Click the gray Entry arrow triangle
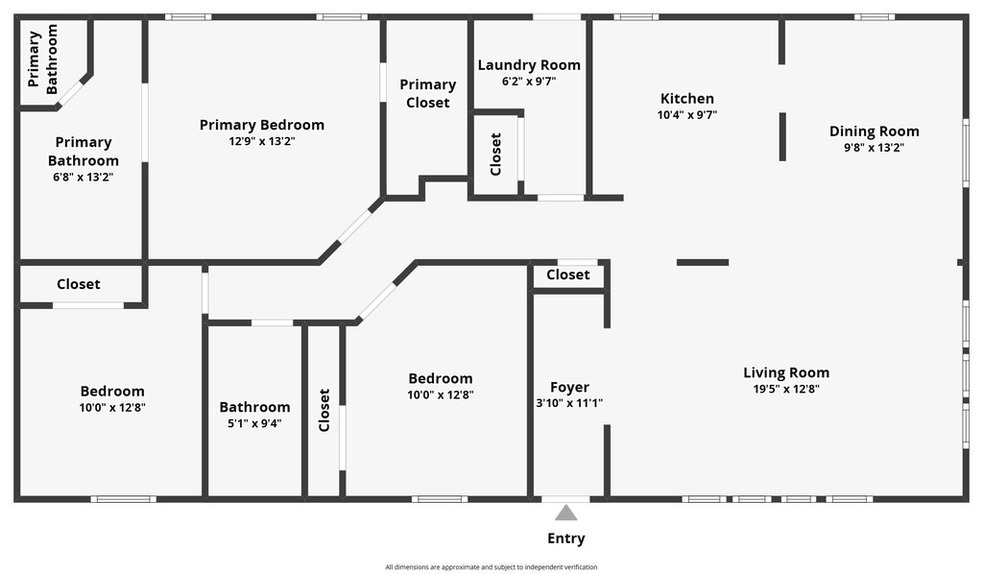click(566, 514)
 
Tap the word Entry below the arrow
click(566, 538)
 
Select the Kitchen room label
click(687, 98)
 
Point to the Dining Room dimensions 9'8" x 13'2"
click(874, 148)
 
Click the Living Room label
click(786, 372)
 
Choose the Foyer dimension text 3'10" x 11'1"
click(569, 403)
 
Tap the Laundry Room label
click(529, 65)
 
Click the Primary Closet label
click(427, 93)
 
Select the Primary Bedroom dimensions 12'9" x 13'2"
click(261, 142)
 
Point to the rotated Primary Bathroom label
click(42, 59)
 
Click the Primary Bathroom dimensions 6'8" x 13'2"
click(83, 178)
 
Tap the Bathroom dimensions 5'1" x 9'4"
click(254, 423)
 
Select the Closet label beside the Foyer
click(568, 275)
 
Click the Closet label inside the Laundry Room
click(496, 155)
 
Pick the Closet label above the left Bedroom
click(79, 284)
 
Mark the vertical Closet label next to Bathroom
click(324, 410)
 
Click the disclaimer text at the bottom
click(491, 567)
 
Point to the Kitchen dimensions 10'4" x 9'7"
click(687, 115)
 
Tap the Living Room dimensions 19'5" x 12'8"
click(786, 389)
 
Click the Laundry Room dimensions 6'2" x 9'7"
click(529, 82)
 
